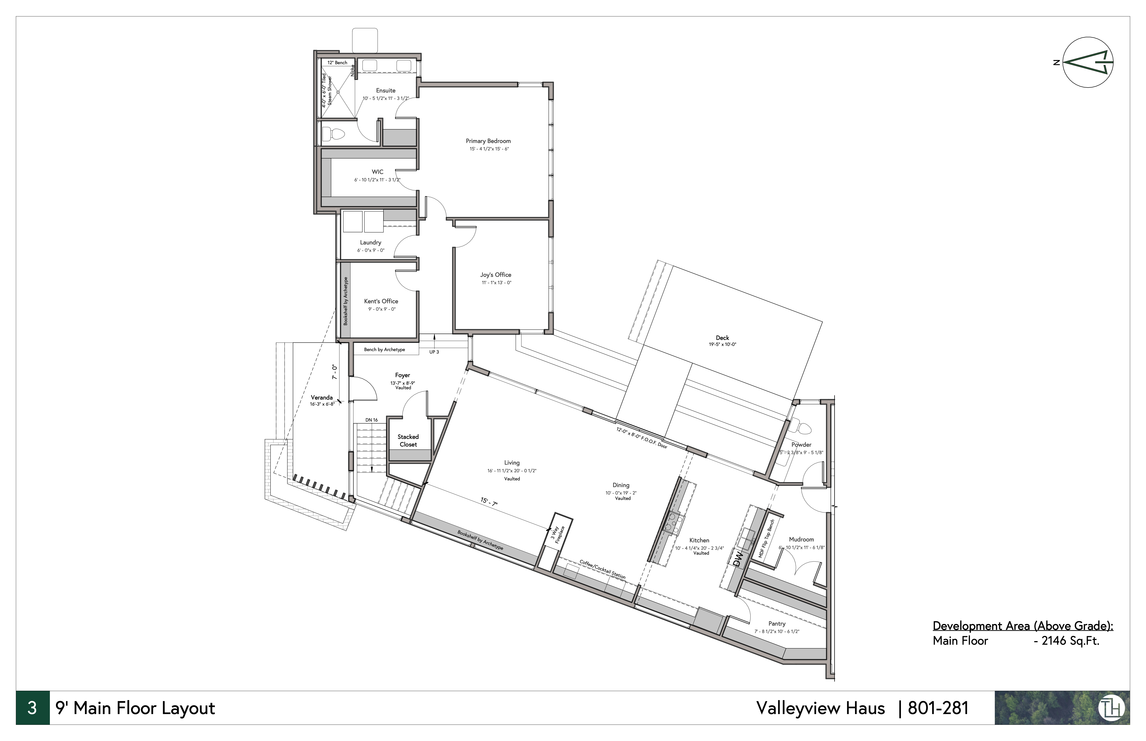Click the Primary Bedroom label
coord(488,141)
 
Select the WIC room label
coord(377,172)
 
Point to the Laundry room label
coord(371,242)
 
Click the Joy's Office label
coord(495,275)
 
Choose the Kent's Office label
coord(381,301)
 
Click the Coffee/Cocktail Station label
coord(602,569)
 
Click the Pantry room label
coord(777,624)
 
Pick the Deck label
coord(722,338)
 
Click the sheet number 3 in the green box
coord(32,708)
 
